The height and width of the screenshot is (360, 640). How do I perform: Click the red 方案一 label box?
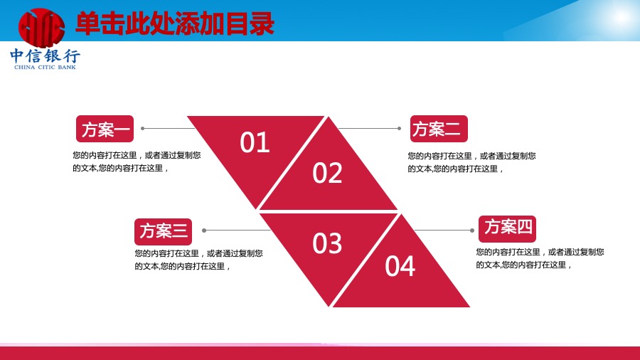[x=105, y=129]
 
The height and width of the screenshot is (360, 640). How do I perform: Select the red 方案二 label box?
[x=439, y=129]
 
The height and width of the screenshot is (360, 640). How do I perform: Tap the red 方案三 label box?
[x=164, y=231]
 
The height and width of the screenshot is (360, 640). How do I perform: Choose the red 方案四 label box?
[x=507, y=228]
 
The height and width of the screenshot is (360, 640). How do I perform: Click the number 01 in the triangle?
[x=255, y=142]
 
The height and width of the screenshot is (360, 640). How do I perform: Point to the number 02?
[x=327, y=173]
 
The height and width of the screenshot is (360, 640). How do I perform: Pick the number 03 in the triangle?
[x=327, y=243]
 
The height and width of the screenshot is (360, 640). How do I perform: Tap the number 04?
[x=400, y=267]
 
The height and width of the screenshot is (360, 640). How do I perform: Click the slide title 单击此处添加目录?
[x=175, y=23]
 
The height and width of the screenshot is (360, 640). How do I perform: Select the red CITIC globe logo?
[x=41, y=28]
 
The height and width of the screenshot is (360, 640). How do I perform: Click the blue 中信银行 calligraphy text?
[x=45, y=55]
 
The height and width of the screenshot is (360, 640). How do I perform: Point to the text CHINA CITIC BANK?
[x=45, y=67]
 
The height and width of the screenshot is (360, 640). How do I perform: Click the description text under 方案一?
[x=137, y=162]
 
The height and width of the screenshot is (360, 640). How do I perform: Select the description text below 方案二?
[x=471, y=162]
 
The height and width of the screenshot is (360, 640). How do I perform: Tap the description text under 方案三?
[x=199, y=260]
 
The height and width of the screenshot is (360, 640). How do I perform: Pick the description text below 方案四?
[x=540, y=258]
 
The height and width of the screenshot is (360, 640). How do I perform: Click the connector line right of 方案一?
[x=168, y=128]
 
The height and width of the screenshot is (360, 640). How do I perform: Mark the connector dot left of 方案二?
[x=399, y=128]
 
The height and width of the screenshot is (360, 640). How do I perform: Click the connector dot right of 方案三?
[x=204, y=231]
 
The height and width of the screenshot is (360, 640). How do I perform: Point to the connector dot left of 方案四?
[x=472, y=231]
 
